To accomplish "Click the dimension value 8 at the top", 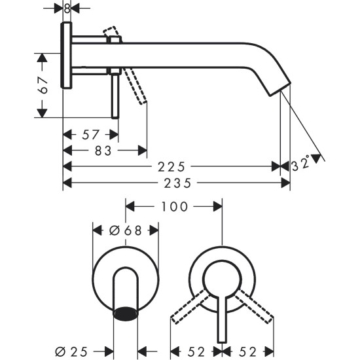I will tap(67, 9).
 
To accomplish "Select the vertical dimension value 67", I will tap(43, 85).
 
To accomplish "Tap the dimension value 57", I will tap(91, 135).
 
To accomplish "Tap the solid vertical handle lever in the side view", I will tap(115, 95).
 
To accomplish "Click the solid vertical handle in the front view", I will tap(223, 321).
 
